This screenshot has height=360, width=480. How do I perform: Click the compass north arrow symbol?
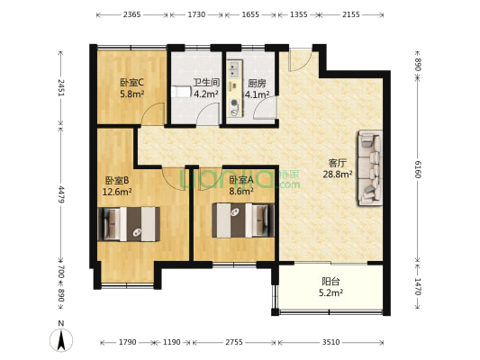60,340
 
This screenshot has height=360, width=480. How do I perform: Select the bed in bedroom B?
131,223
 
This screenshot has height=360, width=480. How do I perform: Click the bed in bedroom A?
241,219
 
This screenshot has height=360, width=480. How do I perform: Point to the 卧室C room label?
131,82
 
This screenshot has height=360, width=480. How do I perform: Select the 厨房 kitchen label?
257,82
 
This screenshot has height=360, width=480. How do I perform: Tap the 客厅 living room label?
338,163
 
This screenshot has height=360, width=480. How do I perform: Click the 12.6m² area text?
117,192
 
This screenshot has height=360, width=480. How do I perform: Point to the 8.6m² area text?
240,191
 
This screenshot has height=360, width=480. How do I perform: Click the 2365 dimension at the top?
131,15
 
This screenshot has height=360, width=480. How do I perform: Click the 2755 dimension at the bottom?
233,342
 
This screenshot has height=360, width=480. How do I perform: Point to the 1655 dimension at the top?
251,15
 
